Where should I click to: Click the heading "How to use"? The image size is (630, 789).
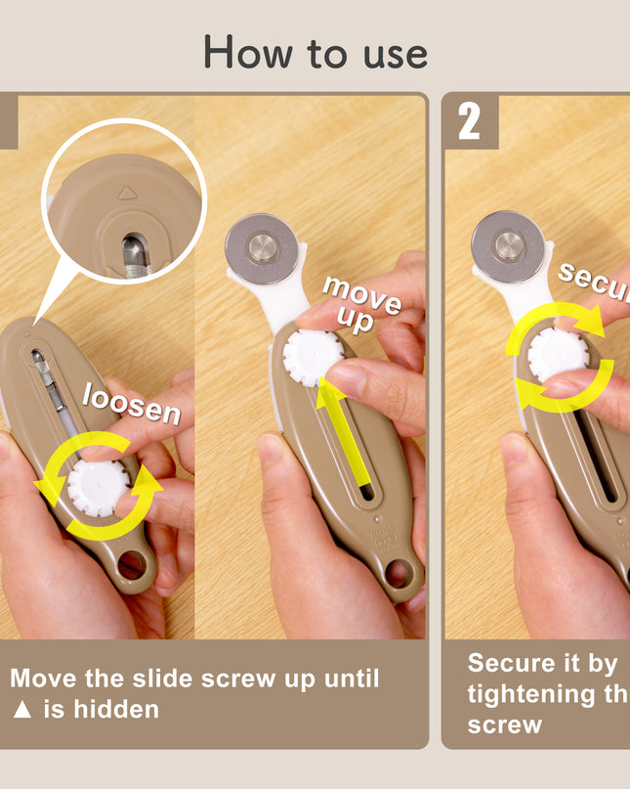(315, 53)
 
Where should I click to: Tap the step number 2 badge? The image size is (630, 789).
(470, 122)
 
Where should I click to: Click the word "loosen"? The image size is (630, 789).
(131, 402)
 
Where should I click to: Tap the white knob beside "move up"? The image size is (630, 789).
(312, 357)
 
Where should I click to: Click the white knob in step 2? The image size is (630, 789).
(557, 354)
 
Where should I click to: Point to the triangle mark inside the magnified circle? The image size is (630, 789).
(126, 193)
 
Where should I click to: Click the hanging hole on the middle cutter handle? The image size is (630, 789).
(397, 572)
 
